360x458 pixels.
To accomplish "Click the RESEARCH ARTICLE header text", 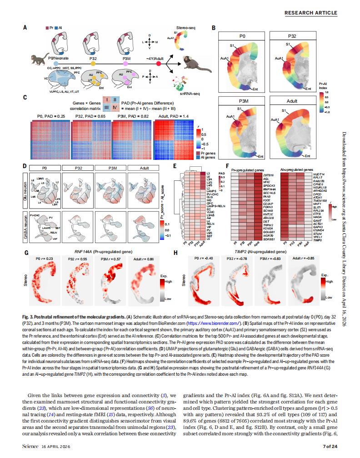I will pyautogui.click(x=311, y=13).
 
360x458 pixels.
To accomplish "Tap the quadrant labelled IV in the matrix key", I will pyautogui.click(x=115, y=108).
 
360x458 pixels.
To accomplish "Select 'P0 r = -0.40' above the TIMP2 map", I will pyautogui.click(x=198, y=258).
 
